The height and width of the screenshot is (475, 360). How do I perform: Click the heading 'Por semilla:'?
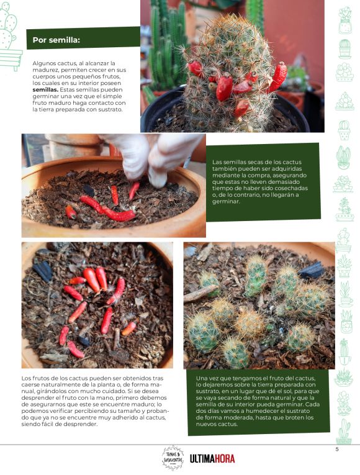click(56, 40)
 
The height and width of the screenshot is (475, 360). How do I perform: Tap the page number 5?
click(337, 450)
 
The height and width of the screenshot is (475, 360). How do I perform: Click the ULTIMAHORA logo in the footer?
click(212, 459)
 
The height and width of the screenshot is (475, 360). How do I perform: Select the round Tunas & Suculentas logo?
click(173, 458)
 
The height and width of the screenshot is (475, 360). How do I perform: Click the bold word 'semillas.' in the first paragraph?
click(45, 89)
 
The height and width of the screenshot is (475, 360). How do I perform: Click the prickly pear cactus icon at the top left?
click(9, 37)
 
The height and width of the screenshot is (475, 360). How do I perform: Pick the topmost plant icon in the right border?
click(345, 20)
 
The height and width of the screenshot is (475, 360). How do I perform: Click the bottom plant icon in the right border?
click(344, 431)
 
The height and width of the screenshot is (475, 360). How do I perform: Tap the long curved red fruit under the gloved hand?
click(107, 210)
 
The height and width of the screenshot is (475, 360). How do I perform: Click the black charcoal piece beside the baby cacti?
click(312, 271)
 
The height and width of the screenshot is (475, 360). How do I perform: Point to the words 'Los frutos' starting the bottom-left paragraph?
click(34, 378)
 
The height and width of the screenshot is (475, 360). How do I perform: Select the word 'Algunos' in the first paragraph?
click(43, 63)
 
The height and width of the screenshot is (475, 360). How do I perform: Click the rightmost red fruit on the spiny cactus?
click(279, 76)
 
